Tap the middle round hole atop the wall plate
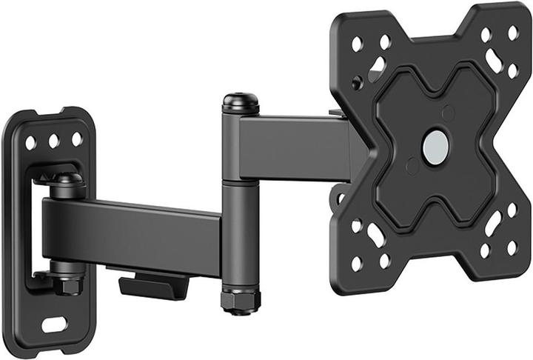(x=54, y=140)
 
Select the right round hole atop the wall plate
(x=76, y=139)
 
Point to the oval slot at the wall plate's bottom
(x=55, y=324)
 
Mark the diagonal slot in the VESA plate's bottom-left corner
(x=376, y=236)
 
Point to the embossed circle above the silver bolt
(x=447, y=113)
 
